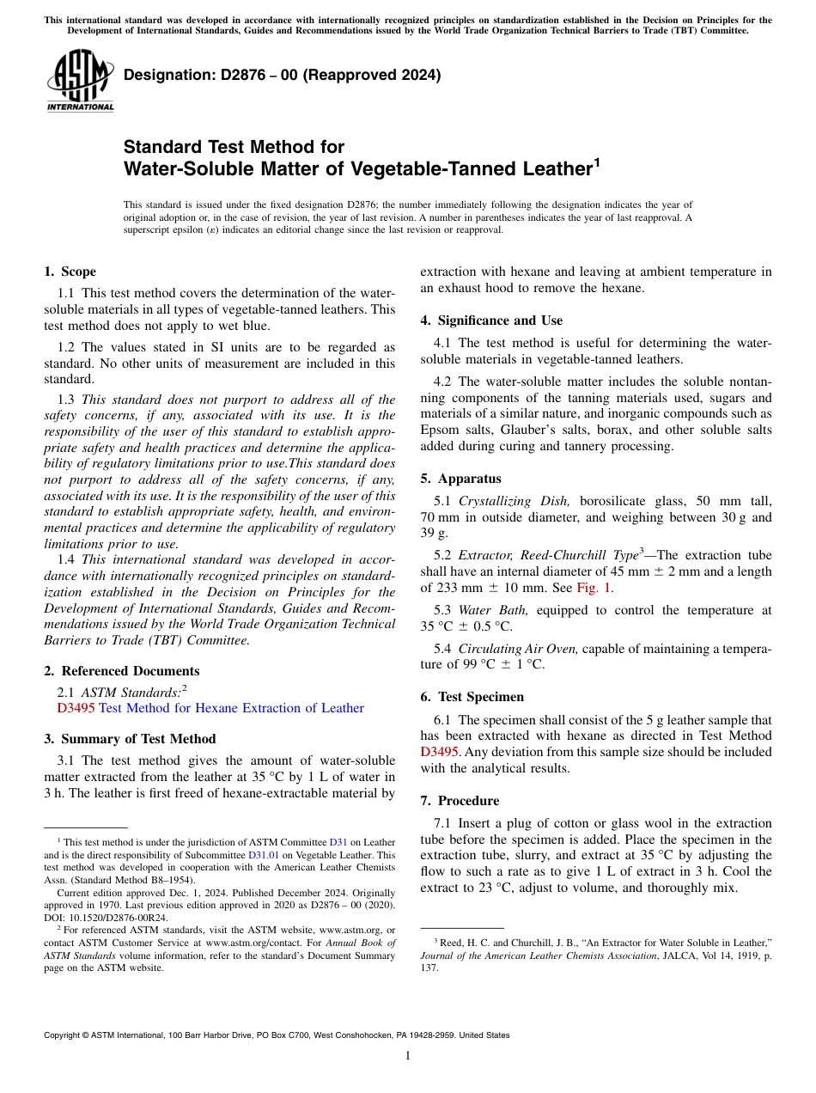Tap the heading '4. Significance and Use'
point(491,321)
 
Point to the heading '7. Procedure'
point(460,801)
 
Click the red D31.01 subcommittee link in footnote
point(261,855)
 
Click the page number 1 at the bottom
point(408,1056)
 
